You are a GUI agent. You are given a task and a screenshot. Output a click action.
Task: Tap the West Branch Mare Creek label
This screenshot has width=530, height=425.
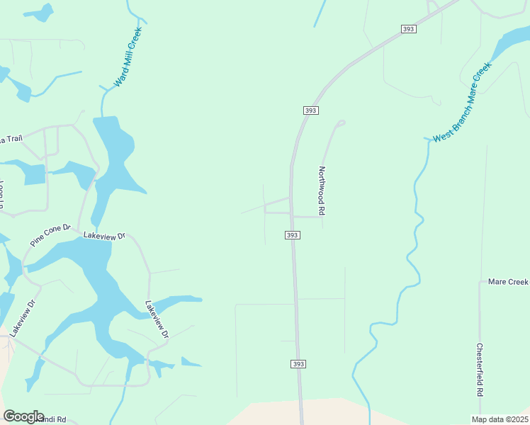tap(462, 103)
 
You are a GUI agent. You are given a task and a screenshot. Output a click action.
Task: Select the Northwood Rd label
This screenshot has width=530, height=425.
tap(322, 191)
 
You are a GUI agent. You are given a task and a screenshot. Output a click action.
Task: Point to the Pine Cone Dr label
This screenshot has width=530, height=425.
tap(51, 236)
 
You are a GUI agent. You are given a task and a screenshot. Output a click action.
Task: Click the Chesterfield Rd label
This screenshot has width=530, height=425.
tap(480, 370)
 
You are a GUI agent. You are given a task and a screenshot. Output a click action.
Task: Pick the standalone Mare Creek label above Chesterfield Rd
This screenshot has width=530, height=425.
tap(508, 282)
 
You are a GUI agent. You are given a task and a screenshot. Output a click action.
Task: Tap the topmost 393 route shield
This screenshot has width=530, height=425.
tap(408, 29)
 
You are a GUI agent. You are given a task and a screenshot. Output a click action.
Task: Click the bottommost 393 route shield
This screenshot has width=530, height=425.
tap(298, 363)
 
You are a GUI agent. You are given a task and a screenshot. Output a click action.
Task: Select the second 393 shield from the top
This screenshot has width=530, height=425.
tap(310, 110)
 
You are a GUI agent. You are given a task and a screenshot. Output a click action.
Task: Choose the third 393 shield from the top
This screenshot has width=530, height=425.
tap(293, 235)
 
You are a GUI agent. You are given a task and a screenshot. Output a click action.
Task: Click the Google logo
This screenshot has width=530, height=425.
tap(23, 416)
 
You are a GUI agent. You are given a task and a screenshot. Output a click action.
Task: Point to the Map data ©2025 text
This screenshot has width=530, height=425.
tap(500, 419)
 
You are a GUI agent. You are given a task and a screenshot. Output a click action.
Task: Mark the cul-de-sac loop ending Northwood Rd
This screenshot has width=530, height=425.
tap(341, 123)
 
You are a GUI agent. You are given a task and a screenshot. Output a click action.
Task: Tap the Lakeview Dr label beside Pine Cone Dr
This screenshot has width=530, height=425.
tap(103, 235)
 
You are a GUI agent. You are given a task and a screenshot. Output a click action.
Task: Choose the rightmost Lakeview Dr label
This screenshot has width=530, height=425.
tap(157, 319)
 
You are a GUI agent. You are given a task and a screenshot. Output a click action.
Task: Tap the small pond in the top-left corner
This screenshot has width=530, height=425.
tap(39, 13)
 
